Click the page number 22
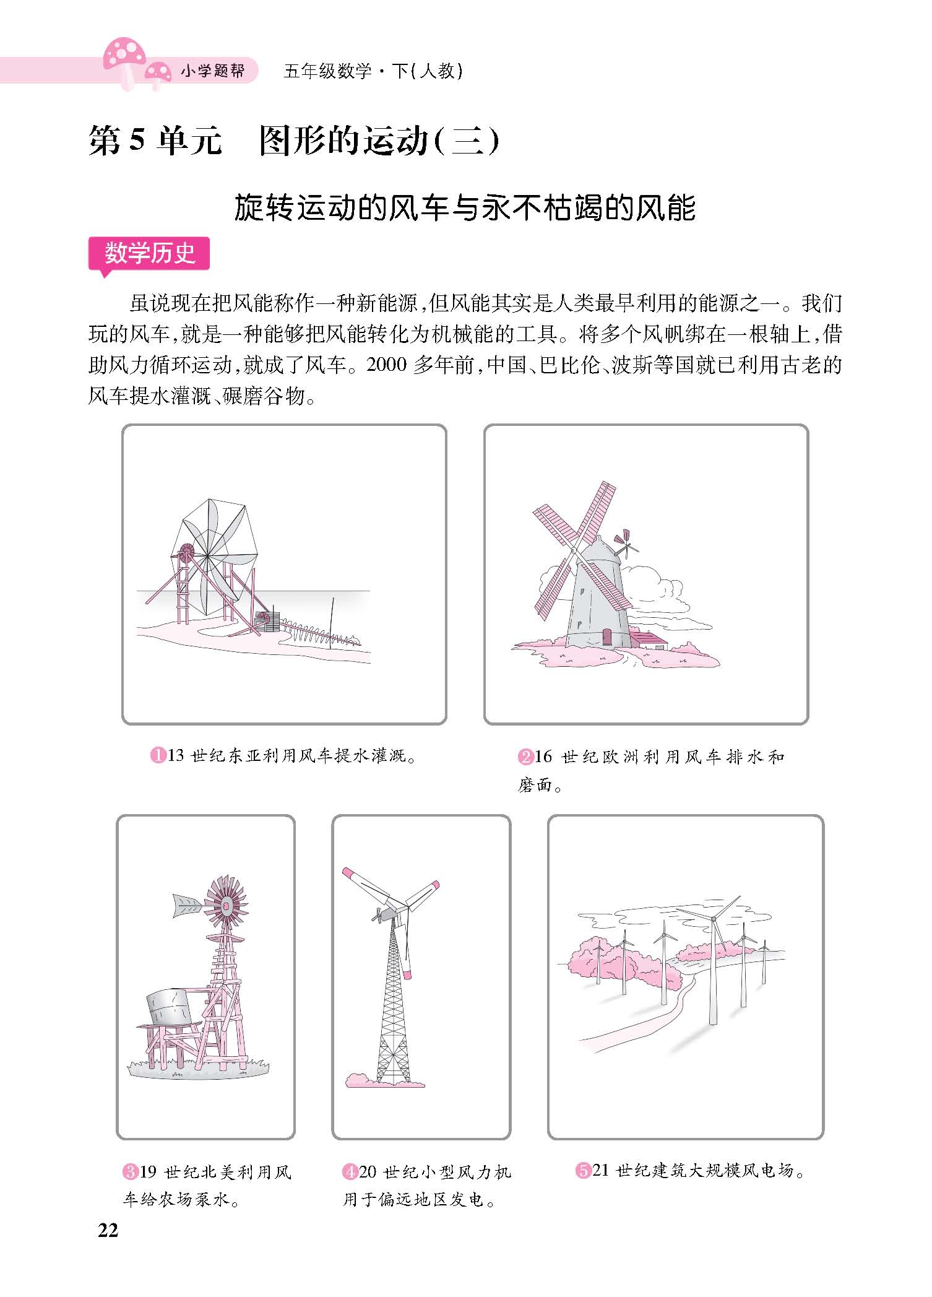[x=108, y=1247]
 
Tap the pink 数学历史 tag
[x=149, y=254]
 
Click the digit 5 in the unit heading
[x=137, y=142]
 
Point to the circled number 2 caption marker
[x=525, y=757]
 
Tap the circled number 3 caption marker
[x=131, y=1172]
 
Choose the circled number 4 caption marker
[x=350, y=1172]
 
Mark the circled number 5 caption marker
[x=583, y=1171]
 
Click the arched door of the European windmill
[x=607, y=637]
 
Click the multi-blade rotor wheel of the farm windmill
[x=226, y=905]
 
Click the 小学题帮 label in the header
[x=212, y=71]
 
